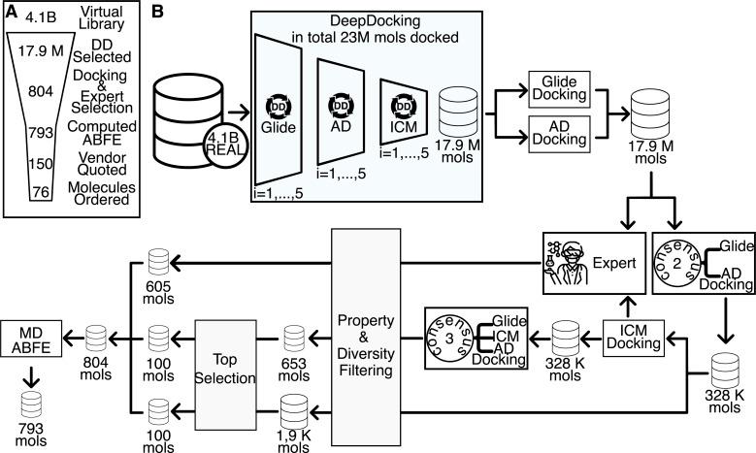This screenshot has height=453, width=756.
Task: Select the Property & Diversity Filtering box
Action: click(372, 337)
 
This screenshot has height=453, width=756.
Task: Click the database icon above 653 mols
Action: click(295, 338)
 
